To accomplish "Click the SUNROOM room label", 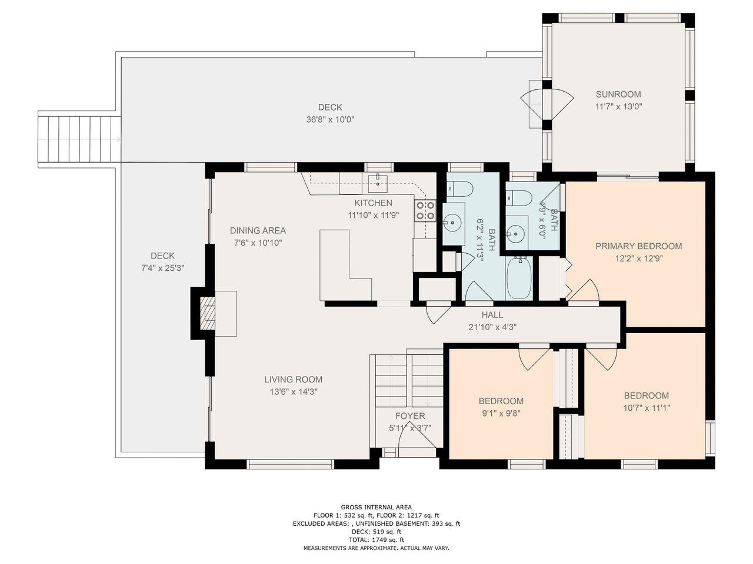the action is coord(618,94).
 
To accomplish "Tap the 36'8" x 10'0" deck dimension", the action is coord(330,120).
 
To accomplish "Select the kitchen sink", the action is coord(378,184).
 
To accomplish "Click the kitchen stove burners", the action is coord(425,210).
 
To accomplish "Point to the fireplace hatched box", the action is coord(207,313).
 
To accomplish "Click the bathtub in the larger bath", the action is coord(519,278).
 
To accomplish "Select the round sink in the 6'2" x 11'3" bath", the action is coord(453,223).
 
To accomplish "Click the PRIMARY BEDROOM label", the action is coord(638,246).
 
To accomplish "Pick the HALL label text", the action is coord(492,315).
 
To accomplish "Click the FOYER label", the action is coord(410,416).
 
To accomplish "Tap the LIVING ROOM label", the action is coord(294,380).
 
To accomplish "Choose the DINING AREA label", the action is coord(258,230).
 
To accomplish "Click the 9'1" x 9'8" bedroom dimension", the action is coord(501,414).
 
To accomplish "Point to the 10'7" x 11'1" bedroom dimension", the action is coord(647,408).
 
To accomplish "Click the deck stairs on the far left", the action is coord(79,139).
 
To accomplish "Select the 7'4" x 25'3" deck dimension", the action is coord(163,268).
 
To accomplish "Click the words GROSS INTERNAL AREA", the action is coord(376,507).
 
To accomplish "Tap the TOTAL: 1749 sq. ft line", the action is coord(376,540).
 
